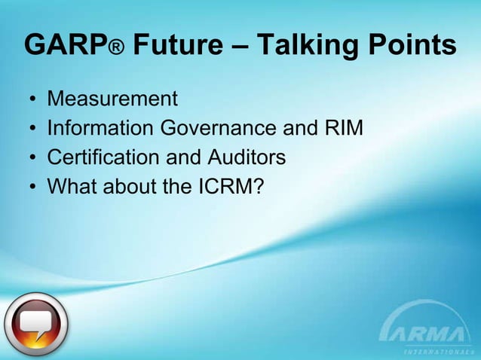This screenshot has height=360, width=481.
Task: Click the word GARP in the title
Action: [65, 46]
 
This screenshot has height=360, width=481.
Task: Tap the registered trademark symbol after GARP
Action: [117, 50]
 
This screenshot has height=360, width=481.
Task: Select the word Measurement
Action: [112, 99]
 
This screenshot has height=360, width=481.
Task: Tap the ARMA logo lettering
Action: [429, 332]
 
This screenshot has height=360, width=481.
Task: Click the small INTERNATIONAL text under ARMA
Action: [435, 351]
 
